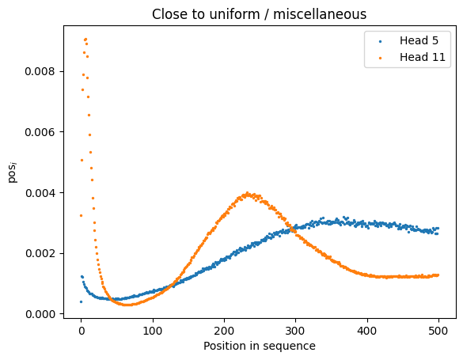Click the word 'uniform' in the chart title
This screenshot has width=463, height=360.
click(234, 14)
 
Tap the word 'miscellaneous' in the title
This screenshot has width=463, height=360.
click(320, 14)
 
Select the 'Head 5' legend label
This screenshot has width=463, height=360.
click(419, 40)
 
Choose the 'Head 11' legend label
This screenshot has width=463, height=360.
click(423, 57)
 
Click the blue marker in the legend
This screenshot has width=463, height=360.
click(381, 42)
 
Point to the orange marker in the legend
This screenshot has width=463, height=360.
click(381, 58)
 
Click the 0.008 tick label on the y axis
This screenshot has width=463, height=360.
click(40, 71)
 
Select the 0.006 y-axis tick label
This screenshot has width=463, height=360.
click(40, 132)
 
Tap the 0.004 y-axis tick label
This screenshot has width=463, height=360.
click(40, 193)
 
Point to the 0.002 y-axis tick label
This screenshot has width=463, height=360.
click(40, 253)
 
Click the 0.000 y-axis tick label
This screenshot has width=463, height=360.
click(40, 314)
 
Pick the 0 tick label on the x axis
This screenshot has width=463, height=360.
click(82, 331)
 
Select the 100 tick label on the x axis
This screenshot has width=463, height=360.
click(153, 331)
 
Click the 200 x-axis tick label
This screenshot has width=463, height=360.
click(224, 331)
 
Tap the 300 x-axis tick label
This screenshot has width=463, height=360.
click(295, 331)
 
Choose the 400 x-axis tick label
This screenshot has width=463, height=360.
click(367, 331)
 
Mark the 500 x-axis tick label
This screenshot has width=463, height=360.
click(438, 331)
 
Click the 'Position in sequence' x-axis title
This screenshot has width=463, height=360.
click(260, 346)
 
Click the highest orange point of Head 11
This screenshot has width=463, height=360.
click(85, 40)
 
